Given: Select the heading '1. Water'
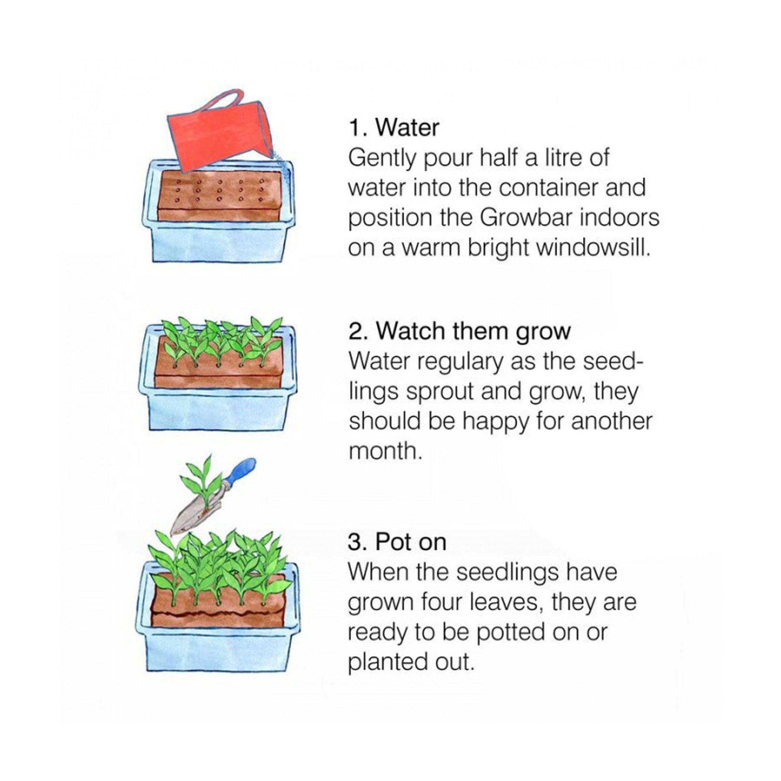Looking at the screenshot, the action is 394,128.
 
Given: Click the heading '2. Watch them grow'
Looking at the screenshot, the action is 459,331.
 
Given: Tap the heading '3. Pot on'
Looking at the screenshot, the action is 397,542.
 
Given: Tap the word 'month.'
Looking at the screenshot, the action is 385,452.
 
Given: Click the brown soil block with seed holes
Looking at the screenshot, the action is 219,195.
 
